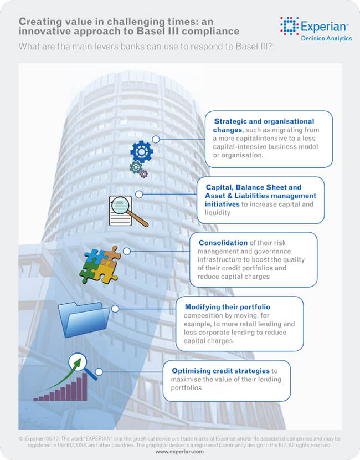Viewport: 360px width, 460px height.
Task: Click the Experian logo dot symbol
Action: pyautogui.click(x=289, y=25)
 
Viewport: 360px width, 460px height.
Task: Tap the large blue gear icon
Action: pyautogui.click(x=141, y=151)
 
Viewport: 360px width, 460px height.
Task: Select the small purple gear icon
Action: pyautogui.click(x=144, y=174)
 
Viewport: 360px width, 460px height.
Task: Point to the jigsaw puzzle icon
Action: pyautogui.click(x=100, y=264)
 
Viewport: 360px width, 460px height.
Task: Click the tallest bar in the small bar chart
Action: pyautogui.click(x=85, y=387)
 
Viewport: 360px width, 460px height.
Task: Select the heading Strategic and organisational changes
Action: pyautogui.click(x=264, y=125)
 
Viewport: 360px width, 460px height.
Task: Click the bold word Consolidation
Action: pyautogui.click(x=224, y=243)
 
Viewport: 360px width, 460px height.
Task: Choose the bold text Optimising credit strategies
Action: pyautogui.click(x=220, y=370)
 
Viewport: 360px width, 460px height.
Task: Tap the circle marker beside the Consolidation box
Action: pyautogui.click(x=127, y=251)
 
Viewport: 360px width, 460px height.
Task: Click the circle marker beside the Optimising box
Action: pyautogui.click(x=99, y=371)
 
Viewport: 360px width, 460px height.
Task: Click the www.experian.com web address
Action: pyautogui.click(x=179, y=452)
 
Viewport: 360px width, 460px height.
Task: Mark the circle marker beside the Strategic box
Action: pyautogui.click(x=156, y=139)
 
